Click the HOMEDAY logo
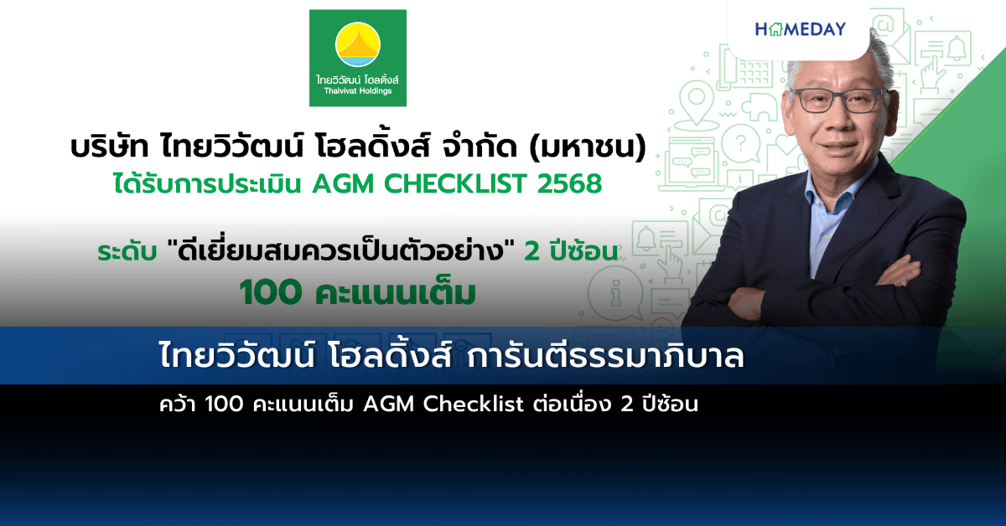pyautogui.click(x=800, y=29)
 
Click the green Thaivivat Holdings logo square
pyautogui.click(x=358, y=58)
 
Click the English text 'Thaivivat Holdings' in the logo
pyautogui.click(x=358, y=90)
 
